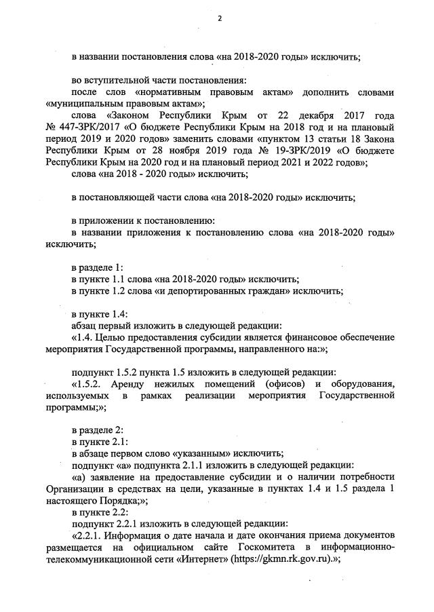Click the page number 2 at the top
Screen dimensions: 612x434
(x=219, y=19)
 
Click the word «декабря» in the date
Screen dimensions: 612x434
(x=298, y=115)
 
